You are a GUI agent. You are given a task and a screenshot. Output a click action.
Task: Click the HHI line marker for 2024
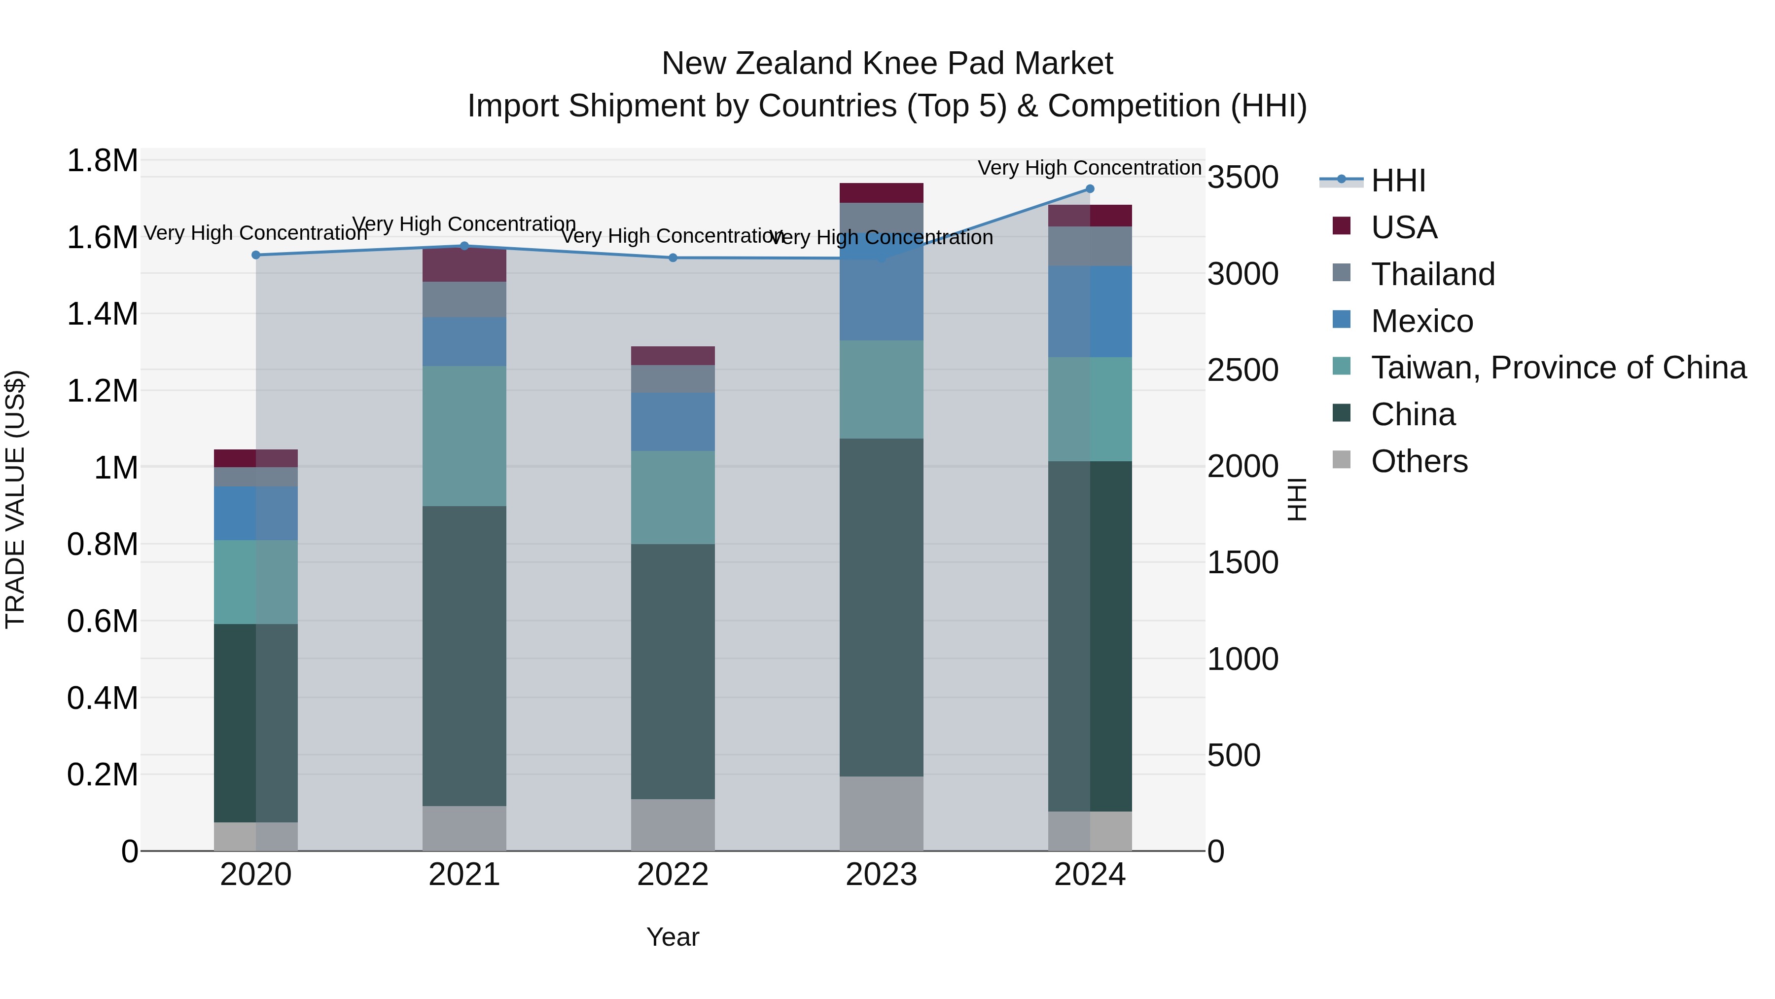click(x=1089, y=189)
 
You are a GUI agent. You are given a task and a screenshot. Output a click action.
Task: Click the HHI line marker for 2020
click(x=255, y=255)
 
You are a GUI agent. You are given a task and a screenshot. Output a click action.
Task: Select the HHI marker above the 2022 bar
click(x=673, y=258)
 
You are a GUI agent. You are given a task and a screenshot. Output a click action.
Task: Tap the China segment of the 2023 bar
click(x=881, y=607)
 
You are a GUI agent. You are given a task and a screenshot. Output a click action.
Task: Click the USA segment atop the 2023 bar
click(x=881, y=193)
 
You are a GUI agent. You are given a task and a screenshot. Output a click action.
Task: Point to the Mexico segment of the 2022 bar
click(x=673, y=422)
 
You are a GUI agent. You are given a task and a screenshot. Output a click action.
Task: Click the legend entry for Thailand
click(x=1432, y=274)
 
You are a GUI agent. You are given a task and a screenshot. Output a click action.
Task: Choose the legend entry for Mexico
click(x=1421, y=321)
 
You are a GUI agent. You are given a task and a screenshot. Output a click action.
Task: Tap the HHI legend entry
click(x=1397, y=181)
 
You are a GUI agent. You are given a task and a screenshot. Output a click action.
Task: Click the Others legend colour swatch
click(x=1342, y=460)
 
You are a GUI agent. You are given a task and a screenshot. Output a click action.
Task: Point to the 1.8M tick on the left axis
click(x=102, y=161)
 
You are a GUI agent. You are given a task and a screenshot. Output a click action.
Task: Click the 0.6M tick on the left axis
click(x=102, y=621)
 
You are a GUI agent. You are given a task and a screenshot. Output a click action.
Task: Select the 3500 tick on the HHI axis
click(x=1243, y=178)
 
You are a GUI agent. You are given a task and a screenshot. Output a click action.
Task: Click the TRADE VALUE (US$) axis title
click(x=16, y=499)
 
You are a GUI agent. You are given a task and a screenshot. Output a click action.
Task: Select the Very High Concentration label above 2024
click(x=1089, y=168)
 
